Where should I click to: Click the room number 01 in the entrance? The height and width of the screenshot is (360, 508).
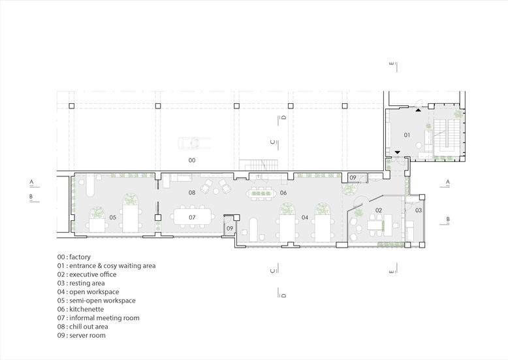click(407, 135)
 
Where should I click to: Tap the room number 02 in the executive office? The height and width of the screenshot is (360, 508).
click(379, 210)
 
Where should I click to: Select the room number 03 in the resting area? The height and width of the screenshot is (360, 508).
click(419, 210)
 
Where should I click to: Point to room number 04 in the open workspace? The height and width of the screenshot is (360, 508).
click(305, 218)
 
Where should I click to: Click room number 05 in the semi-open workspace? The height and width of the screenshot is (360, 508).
click(112, 218)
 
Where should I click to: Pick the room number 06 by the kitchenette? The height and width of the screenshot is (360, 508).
click(283, 193)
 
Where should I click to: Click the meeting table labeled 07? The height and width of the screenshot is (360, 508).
click(193, 217)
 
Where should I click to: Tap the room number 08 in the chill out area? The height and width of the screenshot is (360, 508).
click(192, 193)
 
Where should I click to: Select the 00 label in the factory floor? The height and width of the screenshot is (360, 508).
click(192, 160)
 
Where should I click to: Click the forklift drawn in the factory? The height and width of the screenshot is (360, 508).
click(193, 143)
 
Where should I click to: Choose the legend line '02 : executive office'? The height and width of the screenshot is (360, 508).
click(87, 274)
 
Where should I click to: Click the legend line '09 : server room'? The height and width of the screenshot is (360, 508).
click(82, 335)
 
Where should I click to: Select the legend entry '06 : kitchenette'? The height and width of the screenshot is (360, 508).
click(81, 309)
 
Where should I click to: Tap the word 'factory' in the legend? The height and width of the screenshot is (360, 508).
click(80, 257)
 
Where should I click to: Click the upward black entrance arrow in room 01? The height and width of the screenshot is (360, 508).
click(419, 110)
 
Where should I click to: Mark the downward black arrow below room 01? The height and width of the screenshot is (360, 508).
click(398, 152)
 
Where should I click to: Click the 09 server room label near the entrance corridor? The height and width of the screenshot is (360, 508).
click(353, 178)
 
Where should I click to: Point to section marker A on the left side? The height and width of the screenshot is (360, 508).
click(31, 182)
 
